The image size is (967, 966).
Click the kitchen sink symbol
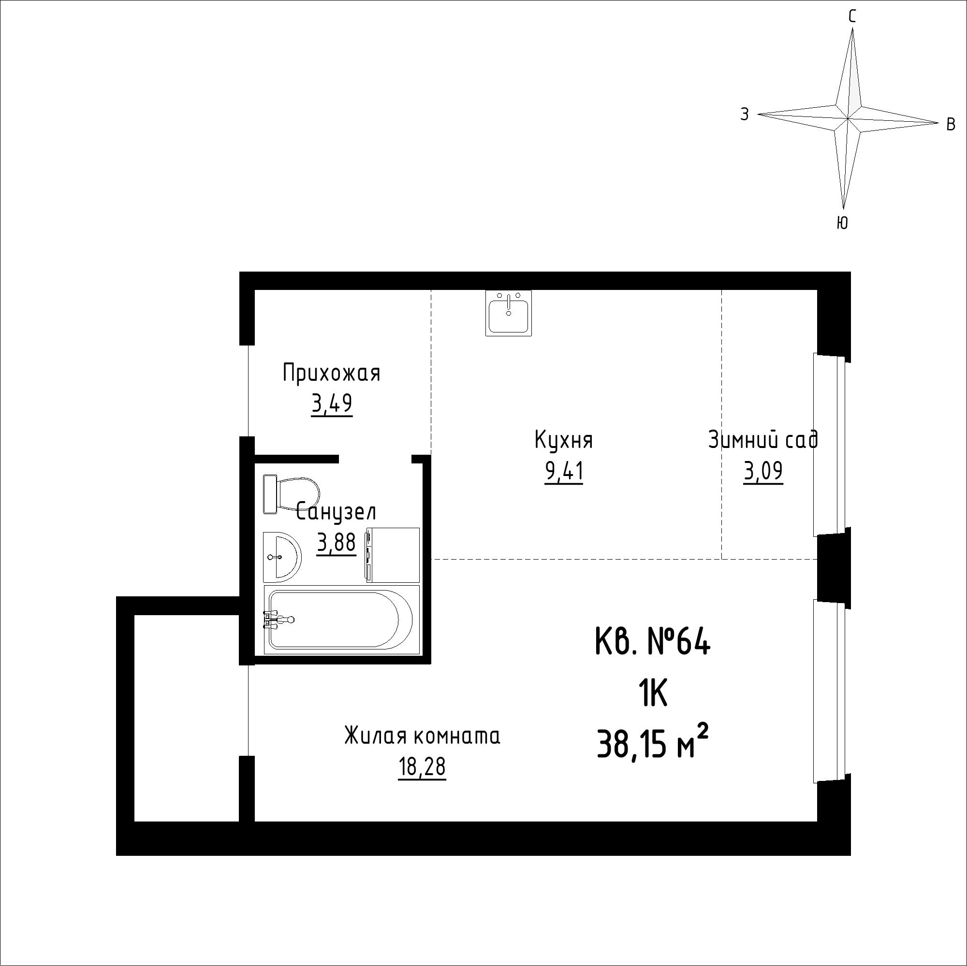point(509,313)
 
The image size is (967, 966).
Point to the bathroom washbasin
point(282,556)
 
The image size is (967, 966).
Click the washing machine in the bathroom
point(393,555)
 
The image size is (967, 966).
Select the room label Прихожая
point(332,373)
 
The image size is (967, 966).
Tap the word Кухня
point(564,441)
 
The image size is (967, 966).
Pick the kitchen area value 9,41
point(564,472)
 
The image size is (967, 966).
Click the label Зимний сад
point(763,440)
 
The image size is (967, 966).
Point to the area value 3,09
point(763,472)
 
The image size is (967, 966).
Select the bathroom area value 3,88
point(337,542)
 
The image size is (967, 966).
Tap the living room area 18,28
point(422,767)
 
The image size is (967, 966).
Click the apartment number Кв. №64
point(653,642)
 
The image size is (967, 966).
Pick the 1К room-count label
point(653,695)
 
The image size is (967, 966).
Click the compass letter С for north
point(852,17)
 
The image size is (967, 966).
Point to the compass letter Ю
point(842,223)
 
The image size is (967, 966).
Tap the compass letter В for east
point(951,124)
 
